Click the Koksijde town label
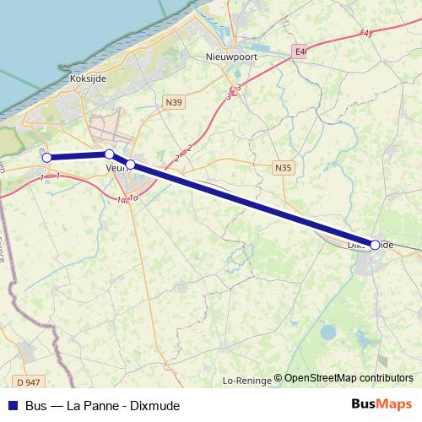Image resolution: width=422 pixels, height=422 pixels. coord(88,80)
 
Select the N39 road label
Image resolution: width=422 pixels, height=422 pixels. coord(174,102)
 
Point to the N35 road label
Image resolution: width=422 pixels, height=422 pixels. coord(283,169)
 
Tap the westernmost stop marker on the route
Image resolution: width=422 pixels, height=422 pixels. coord(47,157)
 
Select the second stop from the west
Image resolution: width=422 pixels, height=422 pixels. coord(109,154)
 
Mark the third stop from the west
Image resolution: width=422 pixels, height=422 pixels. coord(131,164)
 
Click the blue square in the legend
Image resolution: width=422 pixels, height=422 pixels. coord(13,405)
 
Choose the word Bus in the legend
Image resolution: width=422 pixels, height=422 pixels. coord(36,405)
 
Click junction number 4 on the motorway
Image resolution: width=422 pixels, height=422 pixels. coord(366,33)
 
